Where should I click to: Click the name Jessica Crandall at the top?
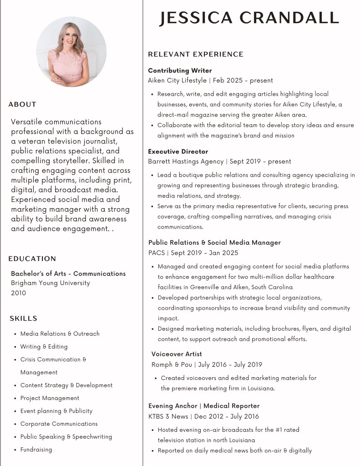tap(249, 18)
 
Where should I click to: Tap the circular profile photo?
tap(71, 51)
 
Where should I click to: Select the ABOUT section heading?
tap(22, 104)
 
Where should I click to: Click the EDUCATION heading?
tap(32, 259)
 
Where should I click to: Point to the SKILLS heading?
tap(24, 318)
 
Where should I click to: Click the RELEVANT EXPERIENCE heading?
tap(196, 54)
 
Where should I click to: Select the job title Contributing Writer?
tap(180, 71)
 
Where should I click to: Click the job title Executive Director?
tap(178, 151)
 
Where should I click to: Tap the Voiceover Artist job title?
tap(177, 354)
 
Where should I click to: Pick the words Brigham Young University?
tap(51, 283)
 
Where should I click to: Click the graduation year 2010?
tap(19, 293)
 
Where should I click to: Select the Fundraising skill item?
tap(36, 450)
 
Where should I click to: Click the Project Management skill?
tap(50, 398)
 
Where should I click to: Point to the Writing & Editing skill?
tap(44, 347)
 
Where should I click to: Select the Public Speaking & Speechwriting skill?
tap(66, 436)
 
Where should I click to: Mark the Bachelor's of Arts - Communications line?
tap(68, 273)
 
